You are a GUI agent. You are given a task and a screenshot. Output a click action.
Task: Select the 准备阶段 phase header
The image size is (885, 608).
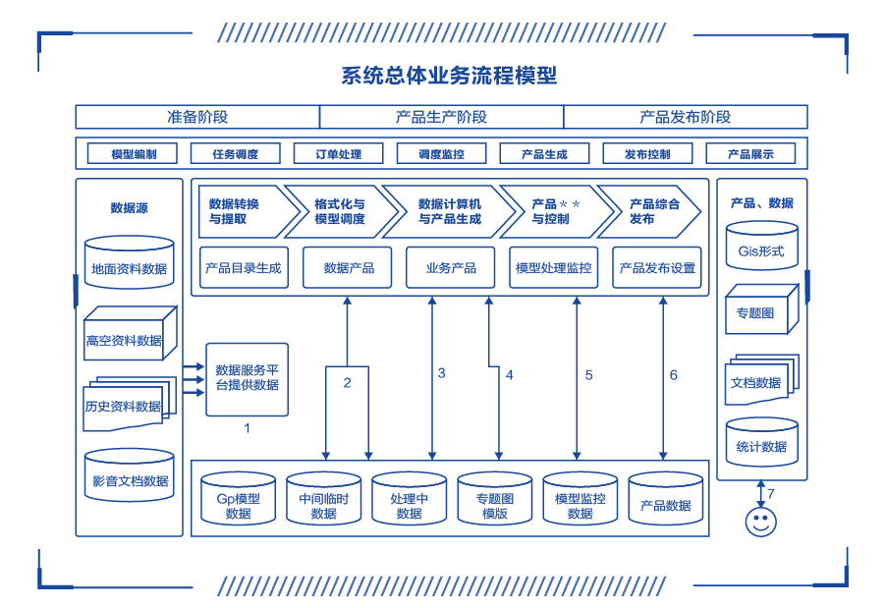pos(197,117)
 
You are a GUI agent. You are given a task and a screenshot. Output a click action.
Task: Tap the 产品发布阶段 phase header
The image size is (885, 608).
pos(685,117)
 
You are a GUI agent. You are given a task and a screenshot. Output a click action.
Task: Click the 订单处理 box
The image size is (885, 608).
pos(338,154)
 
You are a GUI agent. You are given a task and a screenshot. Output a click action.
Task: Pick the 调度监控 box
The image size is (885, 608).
pos(441,154)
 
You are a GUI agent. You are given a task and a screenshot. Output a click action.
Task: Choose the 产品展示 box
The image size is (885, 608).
pos(750,154)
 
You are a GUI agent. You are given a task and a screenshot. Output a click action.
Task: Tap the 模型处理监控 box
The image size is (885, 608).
pos(554,267)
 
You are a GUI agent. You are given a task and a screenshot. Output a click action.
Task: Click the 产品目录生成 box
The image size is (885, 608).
pos(244,267)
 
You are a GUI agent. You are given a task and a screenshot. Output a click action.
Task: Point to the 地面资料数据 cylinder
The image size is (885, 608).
pos(129,263)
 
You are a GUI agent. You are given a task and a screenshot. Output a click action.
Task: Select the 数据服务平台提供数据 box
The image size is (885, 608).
pos(247,378)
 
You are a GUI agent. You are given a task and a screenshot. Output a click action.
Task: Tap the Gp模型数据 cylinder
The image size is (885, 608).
pos(238,504)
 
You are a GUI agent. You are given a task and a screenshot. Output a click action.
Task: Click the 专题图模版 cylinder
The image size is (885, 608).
pos(494,504)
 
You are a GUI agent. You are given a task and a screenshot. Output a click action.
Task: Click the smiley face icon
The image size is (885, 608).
pos(760,522)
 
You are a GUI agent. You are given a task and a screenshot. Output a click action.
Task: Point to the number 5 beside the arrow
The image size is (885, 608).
pos(589,375)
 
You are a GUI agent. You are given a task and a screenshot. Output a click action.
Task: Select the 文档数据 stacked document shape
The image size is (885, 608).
pos(758,381)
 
